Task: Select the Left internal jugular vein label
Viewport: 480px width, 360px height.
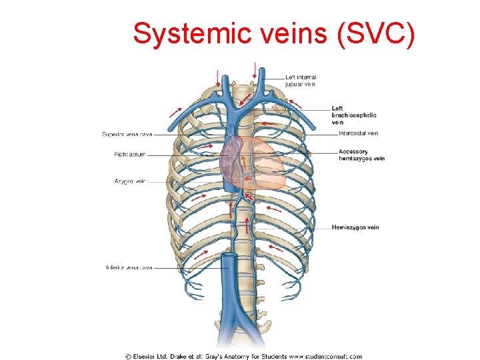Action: tap(301, 81)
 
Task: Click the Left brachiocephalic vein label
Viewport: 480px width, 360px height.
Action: tap(354, 115)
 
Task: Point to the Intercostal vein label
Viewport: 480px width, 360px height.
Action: tap(358, 133)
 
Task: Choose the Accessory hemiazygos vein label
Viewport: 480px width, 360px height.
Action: tap(361, 155)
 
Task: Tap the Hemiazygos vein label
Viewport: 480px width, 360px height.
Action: tap(355, 227)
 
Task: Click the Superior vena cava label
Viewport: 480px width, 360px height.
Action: tap(127, 134)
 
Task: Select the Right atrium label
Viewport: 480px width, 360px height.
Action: tap(129, 155)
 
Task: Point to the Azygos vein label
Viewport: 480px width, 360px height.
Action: tap(130, 181)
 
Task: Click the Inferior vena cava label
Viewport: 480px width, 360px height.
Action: tap(129, 267)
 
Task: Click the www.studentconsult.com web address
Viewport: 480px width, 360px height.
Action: tap(325, 356)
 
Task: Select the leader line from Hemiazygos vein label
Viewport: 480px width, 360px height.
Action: tap(293, 228)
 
